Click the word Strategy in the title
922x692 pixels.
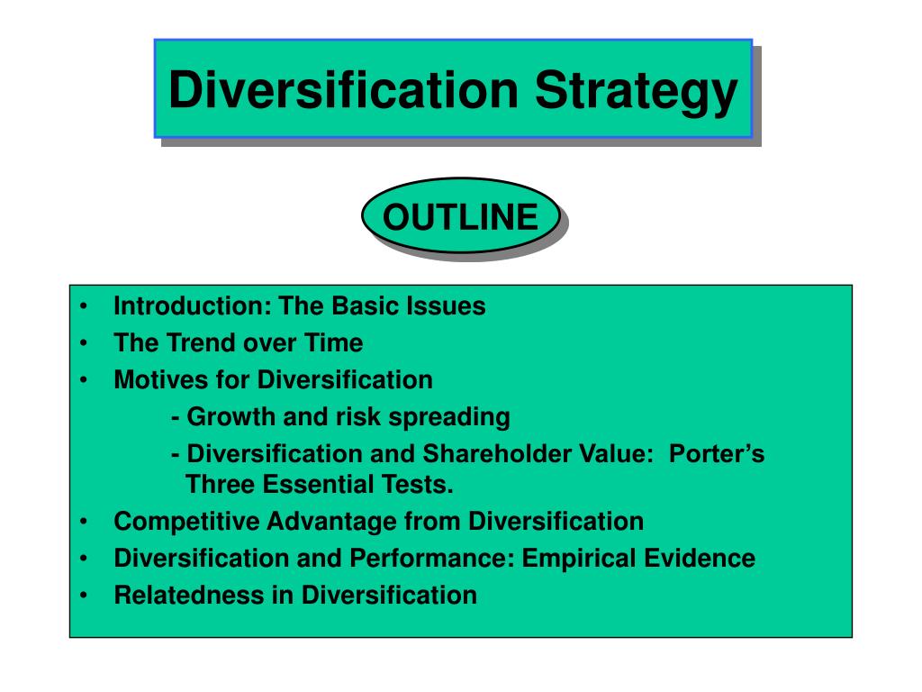[x=636, y=92]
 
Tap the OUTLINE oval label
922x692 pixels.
[x=461, y=217]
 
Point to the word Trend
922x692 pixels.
[x=202, y=343]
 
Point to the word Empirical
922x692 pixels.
[x=576, y=559]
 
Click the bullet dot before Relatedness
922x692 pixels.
[x=84, y=596]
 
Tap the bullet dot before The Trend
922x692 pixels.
[x=84, y=343]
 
